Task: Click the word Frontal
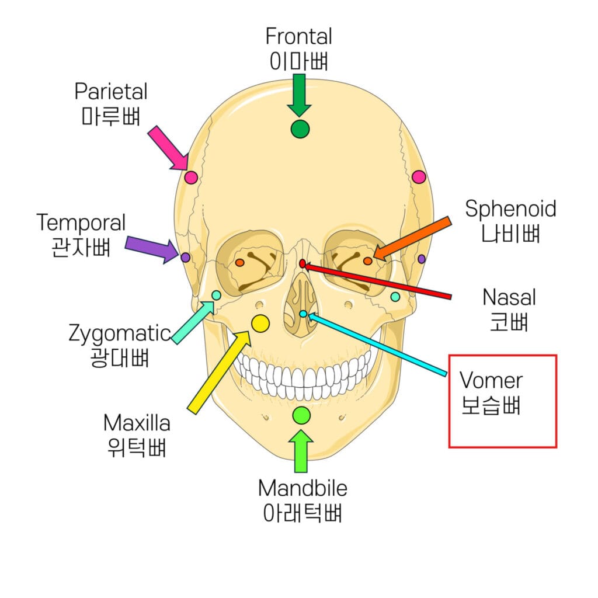coord(298,36)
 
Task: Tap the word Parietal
coord(111,91)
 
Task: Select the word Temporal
coord(81,222)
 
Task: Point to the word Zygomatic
coord(119,334)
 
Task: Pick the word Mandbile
coord(303,488)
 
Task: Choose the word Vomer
coord(491,380)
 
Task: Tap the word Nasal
coord(509,297)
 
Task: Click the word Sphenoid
coord(510,209)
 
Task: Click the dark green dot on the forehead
coord(300,128)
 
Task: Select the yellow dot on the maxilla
coord(260,322)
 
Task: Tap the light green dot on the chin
coord(301,415)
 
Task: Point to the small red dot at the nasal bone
coord(303,263)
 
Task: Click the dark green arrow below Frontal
coord(300,95)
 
